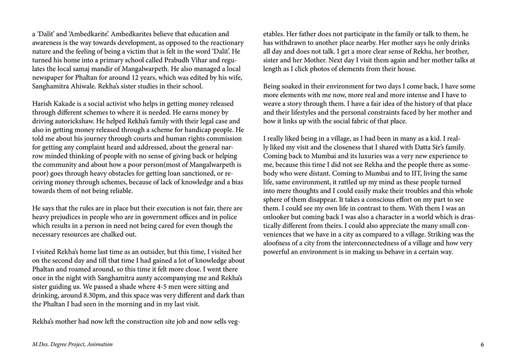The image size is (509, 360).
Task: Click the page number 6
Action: [482, 345]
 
